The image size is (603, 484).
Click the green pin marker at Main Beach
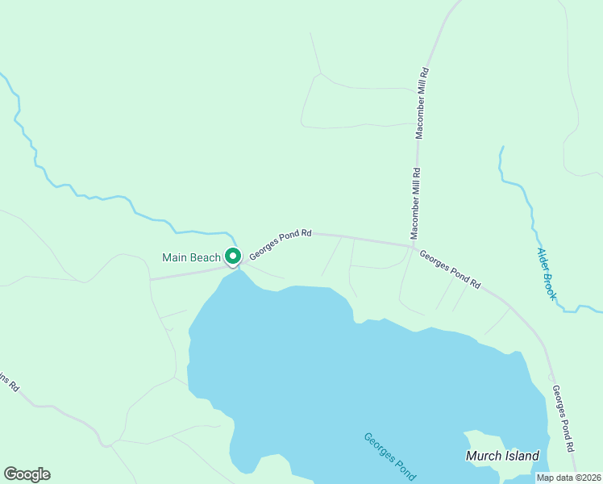[x=232, y=257]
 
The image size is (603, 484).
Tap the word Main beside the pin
[x=176, y=257]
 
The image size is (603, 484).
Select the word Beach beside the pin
[x=206, y=257]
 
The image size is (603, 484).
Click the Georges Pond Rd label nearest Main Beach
[x=280, y=244]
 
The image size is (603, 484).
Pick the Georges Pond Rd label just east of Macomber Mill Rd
[x=450, y=268]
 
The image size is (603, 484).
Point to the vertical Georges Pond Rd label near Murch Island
[x=563, y=418]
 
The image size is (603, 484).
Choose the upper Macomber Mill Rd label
[x=422, y=103]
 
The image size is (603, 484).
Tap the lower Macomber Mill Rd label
[x=416, y=203]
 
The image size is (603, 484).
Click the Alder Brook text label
[x=547, y=273]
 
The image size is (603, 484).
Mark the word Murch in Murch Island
[x=484, y=456]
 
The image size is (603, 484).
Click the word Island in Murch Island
[x=522, y=456]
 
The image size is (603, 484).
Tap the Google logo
[x=27, y=474]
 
